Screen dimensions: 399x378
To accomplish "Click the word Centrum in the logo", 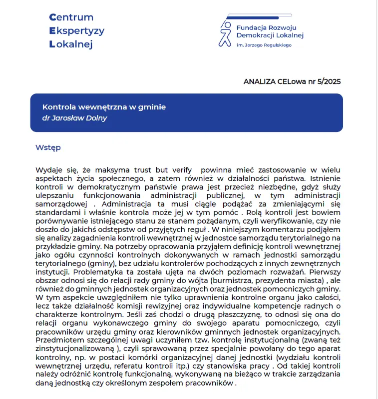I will pos(71,17).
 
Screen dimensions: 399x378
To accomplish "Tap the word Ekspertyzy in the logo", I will pos(77,31).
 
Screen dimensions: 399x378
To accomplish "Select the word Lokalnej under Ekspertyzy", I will pos(71,44).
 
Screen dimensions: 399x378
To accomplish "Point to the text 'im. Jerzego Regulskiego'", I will pos(265,45).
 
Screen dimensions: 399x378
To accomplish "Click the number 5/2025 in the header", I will pos(329,81).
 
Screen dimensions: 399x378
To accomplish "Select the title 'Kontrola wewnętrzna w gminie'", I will pos(104,107).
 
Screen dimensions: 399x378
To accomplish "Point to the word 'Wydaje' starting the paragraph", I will pos(48,170).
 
